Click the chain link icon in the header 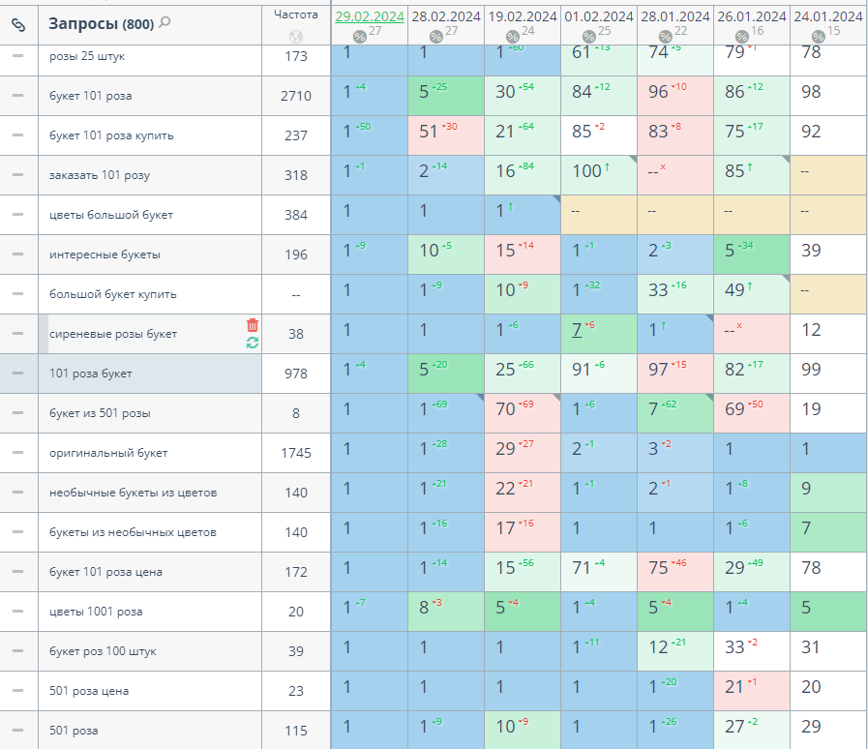17,24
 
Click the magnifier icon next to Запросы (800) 165,22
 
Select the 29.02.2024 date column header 369,16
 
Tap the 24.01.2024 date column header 827,16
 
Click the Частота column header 295,15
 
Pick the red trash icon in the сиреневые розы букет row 253,325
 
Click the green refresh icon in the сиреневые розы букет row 253,343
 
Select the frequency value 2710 296,96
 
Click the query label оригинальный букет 108,453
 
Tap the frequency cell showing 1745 296,453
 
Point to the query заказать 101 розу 100,175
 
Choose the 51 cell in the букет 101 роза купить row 432,132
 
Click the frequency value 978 296,374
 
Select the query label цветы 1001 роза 96,612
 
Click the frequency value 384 296,215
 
